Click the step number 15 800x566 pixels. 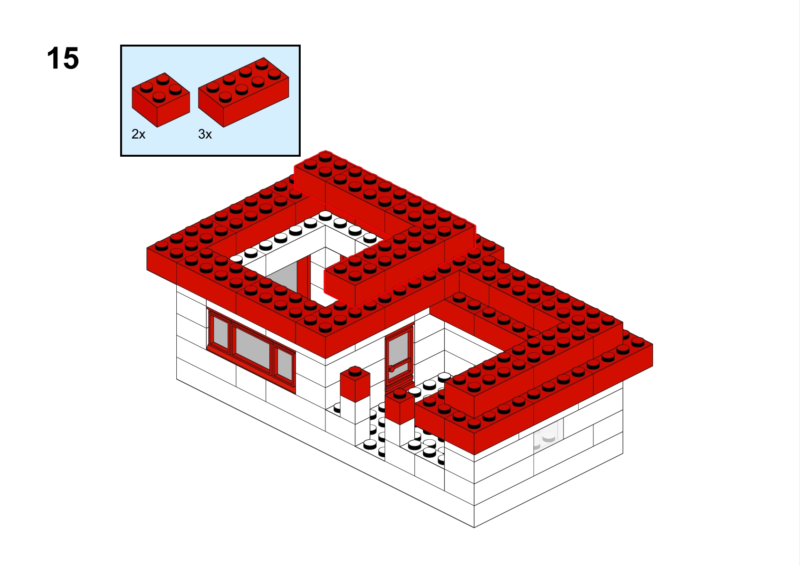63,58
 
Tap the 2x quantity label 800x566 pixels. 139,134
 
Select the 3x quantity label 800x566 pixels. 205,134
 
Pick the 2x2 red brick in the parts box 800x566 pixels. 161,100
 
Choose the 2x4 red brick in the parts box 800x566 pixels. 243,92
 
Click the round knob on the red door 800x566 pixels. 391,368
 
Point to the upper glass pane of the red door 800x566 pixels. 398,349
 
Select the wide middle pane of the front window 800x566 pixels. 253,348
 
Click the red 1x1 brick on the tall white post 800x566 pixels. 355,384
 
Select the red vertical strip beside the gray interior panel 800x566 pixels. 304,276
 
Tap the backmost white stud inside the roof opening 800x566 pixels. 325,215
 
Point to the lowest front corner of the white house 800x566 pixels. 474,527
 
